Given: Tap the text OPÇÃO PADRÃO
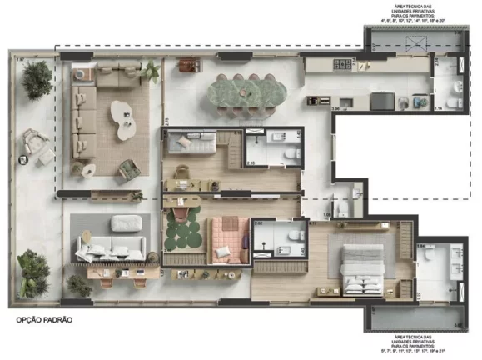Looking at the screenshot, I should [x=50, y=319].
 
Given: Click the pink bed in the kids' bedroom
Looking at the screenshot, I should [x=226, y=237].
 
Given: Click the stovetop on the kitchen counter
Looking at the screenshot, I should [x=342, y=64].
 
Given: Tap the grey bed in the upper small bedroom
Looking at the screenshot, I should [x=191, y=143].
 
